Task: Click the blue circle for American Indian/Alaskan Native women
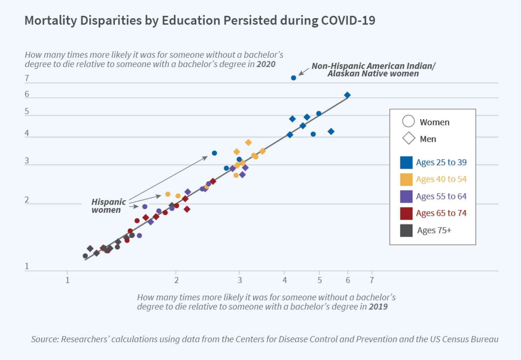pos(293,78)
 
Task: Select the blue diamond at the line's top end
pos(347,95)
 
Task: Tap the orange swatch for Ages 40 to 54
pos(406,179)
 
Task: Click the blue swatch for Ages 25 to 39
pos(406,162)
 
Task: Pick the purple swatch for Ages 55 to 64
pos(406,196)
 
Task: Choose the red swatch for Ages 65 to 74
pos(406,214)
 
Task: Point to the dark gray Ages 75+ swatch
pos(406,231)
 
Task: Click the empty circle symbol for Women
pos(408,121)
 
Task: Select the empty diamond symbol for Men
pos(409,138)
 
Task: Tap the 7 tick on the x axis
pos(372,280)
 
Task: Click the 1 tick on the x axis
pos(67,280)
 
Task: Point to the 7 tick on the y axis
pos(27,78)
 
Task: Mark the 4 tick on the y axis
pos(27,133)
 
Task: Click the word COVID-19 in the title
pos(348,21)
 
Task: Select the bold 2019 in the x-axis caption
pos(378,307)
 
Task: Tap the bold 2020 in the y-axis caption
pos(266,64)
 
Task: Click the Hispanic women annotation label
pos(108,206)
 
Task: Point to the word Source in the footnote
pos(44,339)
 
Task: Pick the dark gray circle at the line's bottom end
pos(85,256)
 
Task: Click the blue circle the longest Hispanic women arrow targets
pos(214,153)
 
